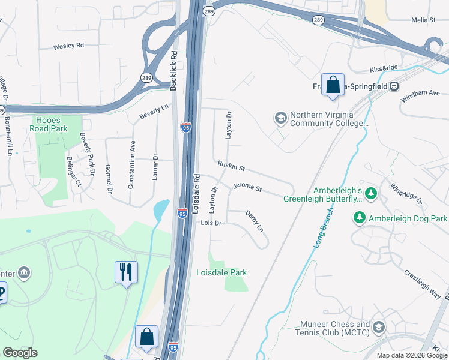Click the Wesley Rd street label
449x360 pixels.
click(68, 46)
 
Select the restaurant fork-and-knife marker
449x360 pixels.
click(126, 272)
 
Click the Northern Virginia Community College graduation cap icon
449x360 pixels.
click(280, 118)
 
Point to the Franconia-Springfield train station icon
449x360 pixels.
click(394, 86)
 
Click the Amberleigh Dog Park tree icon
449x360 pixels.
click(360, 218)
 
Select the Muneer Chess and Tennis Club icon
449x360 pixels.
click(378, 328)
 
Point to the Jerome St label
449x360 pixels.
click(248, 188)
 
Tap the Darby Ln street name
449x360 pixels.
click(255, 221)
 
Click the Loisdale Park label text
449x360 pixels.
click(221, 272)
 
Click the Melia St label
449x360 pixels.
click(423, 20)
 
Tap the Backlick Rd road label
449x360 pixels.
click(174, 70)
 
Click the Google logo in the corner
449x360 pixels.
click(20, 353)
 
